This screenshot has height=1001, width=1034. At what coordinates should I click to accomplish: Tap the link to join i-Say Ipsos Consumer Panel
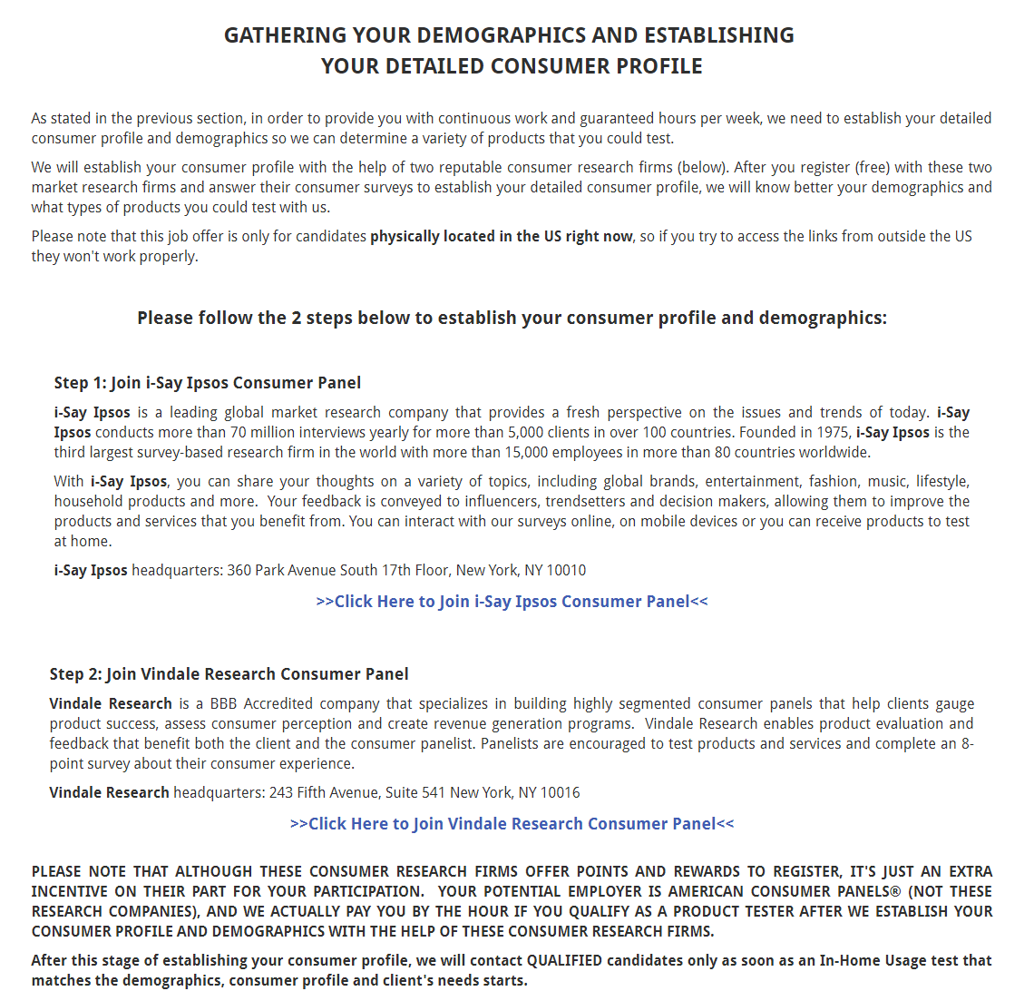(x=512, y=602)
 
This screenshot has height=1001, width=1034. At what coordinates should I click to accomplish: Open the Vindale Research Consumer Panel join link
(x=512, y=824)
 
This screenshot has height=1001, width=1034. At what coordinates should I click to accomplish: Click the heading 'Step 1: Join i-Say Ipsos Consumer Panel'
(x=208, y=383)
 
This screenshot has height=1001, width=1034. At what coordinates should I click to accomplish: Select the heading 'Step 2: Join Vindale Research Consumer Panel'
(x=229, y=674)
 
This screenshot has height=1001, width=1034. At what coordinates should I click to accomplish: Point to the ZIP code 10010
(x=566, y=571)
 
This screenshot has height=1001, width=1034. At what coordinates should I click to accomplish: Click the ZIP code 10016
(x=560, y=793)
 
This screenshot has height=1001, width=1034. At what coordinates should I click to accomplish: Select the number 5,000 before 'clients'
(x=526, y=433)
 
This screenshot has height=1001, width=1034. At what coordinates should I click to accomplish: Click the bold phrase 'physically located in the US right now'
(x=502, y=237)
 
